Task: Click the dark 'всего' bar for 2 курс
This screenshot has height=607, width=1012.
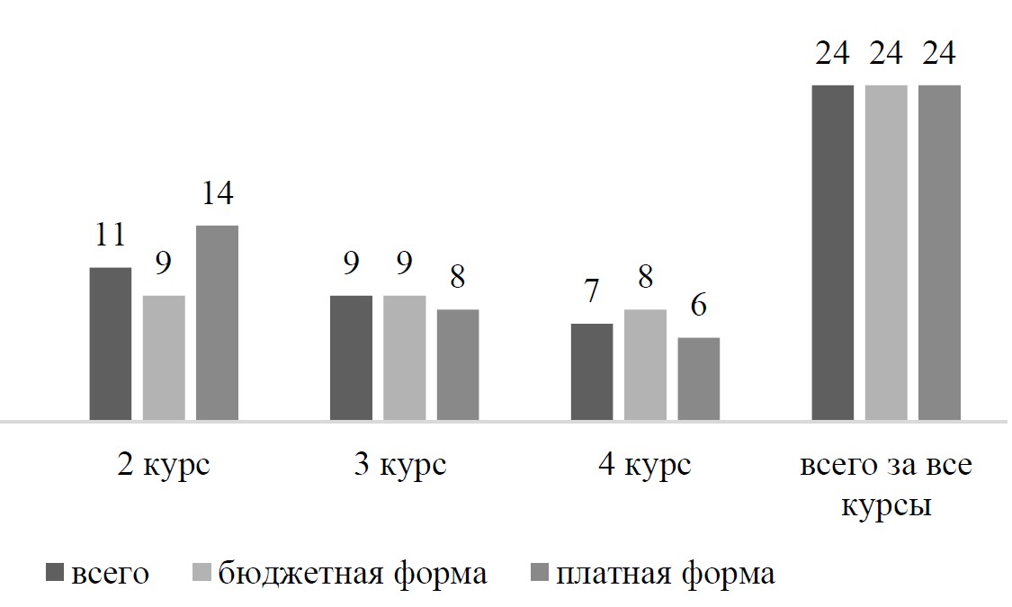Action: [x=111, y=344]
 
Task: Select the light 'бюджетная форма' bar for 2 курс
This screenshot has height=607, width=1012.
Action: [x=164, y=358]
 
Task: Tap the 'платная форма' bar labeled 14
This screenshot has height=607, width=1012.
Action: [x=217, y=323]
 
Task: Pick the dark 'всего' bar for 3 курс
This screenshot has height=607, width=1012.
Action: [x=351, y=358]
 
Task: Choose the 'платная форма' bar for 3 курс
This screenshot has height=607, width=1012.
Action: [x=458, y=365]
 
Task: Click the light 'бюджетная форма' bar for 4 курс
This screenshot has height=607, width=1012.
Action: [x=646, y=365]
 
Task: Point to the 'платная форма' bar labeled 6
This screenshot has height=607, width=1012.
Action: [x=699, y=379]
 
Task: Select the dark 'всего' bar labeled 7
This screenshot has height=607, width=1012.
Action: [x=592, y=371]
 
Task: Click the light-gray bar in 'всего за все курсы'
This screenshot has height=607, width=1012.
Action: [x=886, y=253]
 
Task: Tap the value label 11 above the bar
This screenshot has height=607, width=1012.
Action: [x=111, y=236]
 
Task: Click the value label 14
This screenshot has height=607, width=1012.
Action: [x=217, y=193]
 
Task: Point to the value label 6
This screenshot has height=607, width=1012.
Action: [x=699, y=305]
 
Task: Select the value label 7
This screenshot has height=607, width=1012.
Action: [x=592, y=291]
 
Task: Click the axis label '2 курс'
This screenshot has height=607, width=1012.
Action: [x=164, y=466]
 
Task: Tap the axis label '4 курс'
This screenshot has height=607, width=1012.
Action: [x=645, y=466]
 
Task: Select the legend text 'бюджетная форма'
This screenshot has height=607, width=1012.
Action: [x=353, y=573]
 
